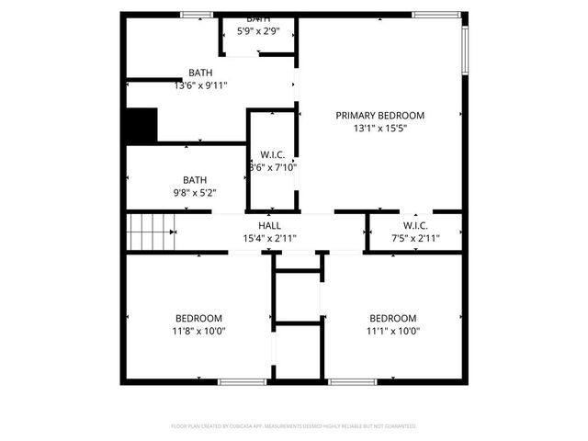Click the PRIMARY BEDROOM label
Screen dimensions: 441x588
pyautogui.click(x=379, y=115)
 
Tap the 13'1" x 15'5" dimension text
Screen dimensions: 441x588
pyautogui.click(x=379, y=129)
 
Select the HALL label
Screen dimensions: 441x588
pyautogui.click(x=269, y=225)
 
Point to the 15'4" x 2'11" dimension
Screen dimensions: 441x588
pyautogui.click(x=269, y=239)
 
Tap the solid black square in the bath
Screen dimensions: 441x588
pyautogui.click(x=141, y=125)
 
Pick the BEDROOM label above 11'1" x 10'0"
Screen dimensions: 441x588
pyautogui.click(x=392, y=318)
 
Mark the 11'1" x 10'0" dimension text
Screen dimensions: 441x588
pyautogui.click(x=392, y=332)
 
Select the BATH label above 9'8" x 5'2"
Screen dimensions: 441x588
pyautogui.click(x=194, y=180)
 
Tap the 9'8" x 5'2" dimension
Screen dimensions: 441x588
pyautogui.click(x=194, y=194)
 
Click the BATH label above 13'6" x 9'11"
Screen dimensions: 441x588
pyautogui.click(x=200, y=73)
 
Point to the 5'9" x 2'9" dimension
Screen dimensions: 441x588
pyautogui.click(x=259, y=30)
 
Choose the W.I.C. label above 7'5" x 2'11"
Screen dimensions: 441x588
pyautogui.click(x=415, y=225)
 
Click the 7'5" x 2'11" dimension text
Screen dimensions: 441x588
pyautogui.click(x=415, y=239)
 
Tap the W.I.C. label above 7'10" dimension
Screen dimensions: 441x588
pyautogui.click(x=273, y=153)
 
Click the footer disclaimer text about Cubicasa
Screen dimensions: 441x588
pyautogui.click(x=294, y=426)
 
